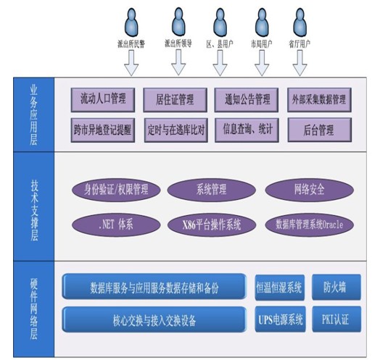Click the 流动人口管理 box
tap(103, 100)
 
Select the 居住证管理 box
tap(175, 100)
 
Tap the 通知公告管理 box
tap(247, 100)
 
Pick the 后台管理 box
tap(320, 130)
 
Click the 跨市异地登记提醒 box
tap(103, 130)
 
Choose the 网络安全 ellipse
tap(310, 190)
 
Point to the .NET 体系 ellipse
tap(116, 225)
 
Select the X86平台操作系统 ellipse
tap(212, 225)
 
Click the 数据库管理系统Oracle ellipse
tap(310, 225)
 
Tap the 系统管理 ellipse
tap(212, 190)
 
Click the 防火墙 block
tap(336, 288)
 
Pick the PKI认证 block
tap(336, 319)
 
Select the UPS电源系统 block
tap(280, 319)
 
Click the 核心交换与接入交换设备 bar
tap(154, 319)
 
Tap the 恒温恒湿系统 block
tap(280, 288)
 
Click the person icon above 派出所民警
tap(131, 22)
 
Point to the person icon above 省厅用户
tap(300, 22)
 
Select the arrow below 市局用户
tap(262, 63)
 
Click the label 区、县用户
tap(220, 44)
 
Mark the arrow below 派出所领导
tap(178, 62)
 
